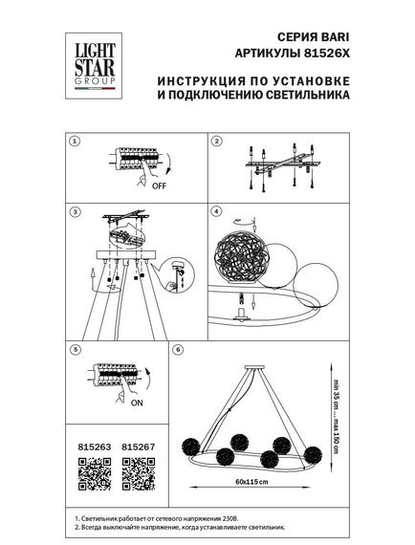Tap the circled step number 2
click(x=216, y=141)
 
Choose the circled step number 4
click(x=216, y=210)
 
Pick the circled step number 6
click(x=178, y=350)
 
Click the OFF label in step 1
click(x=159, y=186)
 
